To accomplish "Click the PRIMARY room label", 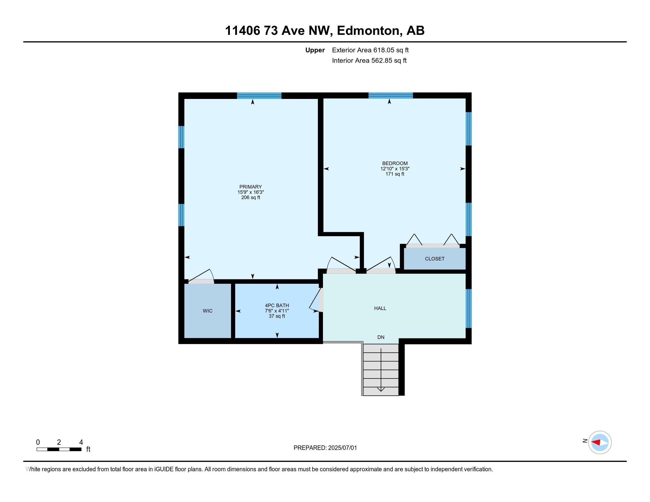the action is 251,187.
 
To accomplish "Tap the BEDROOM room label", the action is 395,163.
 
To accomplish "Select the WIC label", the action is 208,311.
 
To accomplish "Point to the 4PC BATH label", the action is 277,305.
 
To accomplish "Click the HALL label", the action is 380,308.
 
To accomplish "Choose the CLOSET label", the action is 435,259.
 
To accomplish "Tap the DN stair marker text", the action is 381,337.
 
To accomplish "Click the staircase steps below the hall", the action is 381,370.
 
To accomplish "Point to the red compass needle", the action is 596,442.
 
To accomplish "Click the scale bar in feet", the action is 59,449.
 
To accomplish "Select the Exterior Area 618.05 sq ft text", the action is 370,50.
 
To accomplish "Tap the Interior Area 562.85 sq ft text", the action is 369,61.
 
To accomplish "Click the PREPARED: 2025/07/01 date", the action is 325,448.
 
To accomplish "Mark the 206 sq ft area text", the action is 251,198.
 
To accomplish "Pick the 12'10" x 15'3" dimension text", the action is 395,169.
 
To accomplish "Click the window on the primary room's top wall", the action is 259,96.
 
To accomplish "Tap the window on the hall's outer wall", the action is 469,308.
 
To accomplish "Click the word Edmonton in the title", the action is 368,31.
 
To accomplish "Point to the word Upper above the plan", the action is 315,50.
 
